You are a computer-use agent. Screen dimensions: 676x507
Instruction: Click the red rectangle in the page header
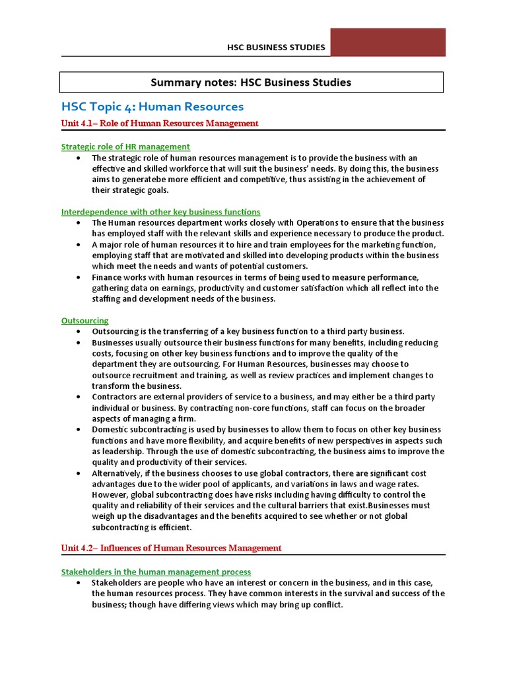pos(388,42)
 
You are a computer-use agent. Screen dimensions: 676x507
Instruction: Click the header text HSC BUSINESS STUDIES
pos(276,48)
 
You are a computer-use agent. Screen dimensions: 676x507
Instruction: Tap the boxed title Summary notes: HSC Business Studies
pos(251,83)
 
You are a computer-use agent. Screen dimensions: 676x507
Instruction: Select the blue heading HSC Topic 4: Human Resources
pos(152,106)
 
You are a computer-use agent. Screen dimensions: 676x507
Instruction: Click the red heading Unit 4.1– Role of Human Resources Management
pos(160,123)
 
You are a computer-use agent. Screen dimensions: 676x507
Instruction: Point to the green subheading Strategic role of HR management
pos(125,147)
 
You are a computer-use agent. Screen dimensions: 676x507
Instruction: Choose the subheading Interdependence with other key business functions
pos(160,212)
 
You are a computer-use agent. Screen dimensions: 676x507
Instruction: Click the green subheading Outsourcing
pos(84,320)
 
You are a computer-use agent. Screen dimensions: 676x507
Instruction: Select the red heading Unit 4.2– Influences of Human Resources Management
pos(171,548)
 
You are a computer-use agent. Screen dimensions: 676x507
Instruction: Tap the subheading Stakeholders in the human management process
pos(156,572)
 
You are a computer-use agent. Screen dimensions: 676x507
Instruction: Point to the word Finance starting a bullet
pos(106,277)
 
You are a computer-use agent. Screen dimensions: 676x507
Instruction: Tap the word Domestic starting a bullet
pos(109,430)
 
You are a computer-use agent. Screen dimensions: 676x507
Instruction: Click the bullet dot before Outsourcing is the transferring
pos(79,331)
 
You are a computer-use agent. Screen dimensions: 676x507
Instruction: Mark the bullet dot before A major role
pos(79,245)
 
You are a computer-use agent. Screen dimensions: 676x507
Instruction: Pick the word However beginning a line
pos(109,495)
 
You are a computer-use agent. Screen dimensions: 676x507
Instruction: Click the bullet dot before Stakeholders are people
pos(79,583)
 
